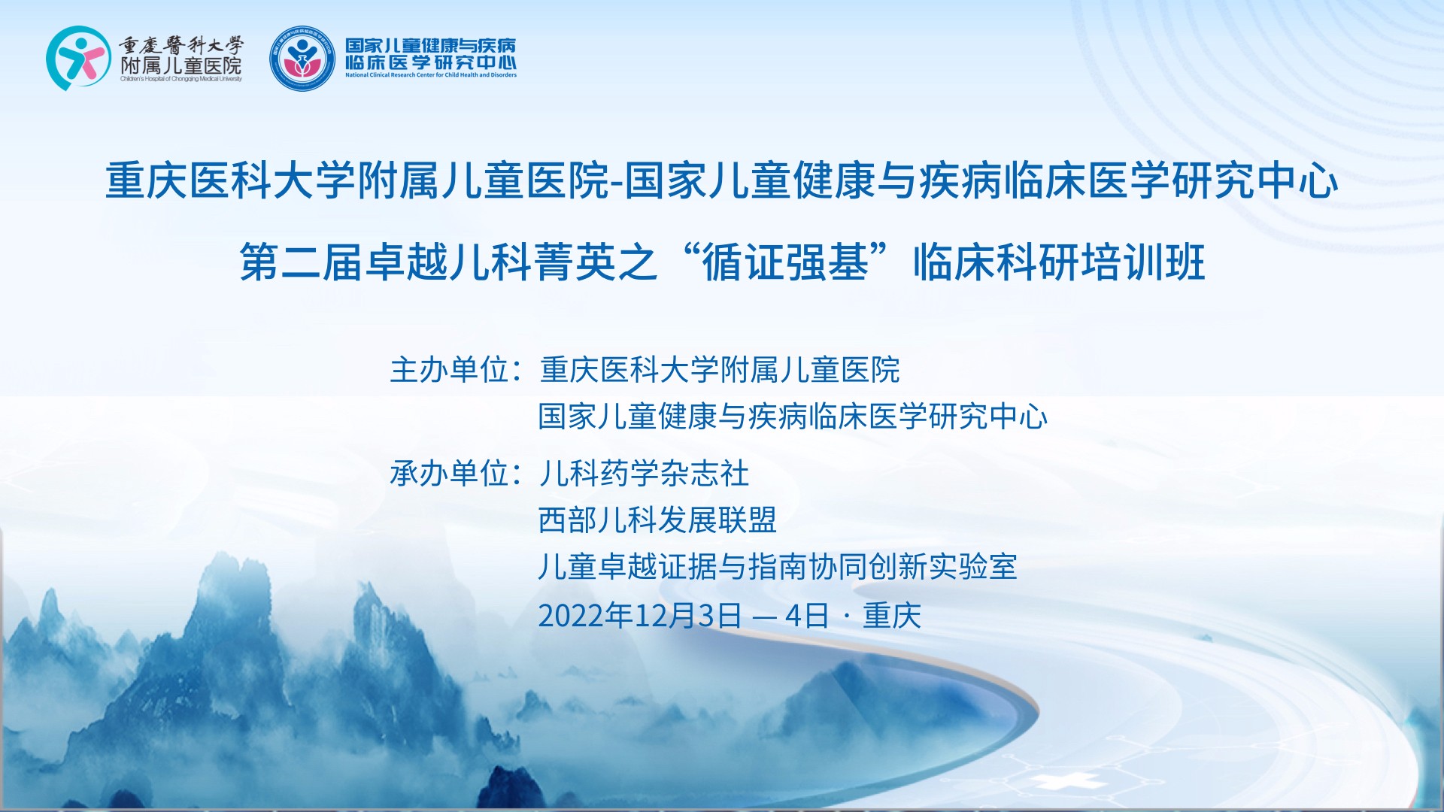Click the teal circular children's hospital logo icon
(77, 58)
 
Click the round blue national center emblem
(302, 58)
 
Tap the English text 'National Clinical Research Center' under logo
(431, 75)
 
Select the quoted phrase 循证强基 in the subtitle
(785, 263)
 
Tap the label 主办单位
(450, 370)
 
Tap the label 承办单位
(450, 474)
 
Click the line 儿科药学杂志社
(644, 474)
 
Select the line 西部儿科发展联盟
(657, 520)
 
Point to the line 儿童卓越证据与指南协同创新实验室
(778, 567)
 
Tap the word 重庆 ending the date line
(892, 616)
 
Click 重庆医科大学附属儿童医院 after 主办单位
(720, 370)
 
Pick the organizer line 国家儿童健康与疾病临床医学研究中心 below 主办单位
(793, 417)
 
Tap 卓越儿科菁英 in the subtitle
(490, 263)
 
